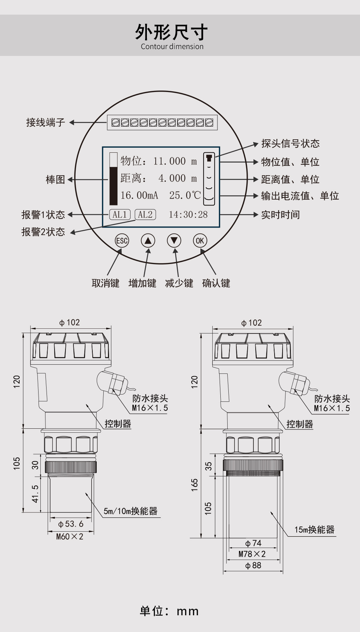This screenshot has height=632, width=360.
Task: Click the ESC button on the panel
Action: tap(122, 241)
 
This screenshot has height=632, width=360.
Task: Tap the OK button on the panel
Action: tap(200, 241)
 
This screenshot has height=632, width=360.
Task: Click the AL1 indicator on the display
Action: tap(120, 215)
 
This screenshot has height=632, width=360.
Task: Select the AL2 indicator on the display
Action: tap(145, 215)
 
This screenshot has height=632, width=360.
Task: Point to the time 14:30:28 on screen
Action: tap(188, 215)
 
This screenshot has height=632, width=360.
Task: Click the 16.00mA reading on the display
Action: tap(139, 196)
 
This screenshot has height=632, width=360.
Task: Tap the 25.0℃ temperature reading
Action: tap(185, 196)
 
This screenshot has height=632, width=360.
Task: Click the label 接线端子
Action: tap(45, 123)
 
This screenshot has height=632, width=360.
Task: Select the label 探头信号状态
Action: tap(290, 144)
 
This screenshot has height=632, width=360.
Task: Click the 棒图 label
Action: tap(55, 180)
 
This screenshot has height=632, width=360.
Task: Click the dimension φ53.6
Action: tap(71, 524)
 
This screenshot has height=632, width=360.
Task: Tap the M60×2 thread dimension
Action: tap(70, 537)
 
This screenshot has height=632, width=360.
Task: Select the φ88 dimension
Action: tap(253, 565)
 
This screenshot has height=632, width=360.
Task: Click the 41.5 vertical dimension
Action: tap(35, 493)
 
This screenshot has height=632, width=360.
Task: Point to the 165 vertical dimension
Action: tap(195, 485)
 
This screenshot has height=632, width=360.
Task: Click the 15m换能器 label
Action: tap(314, 530)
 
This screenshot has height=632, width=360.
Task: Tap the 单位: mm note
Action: tap(169, 611)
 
